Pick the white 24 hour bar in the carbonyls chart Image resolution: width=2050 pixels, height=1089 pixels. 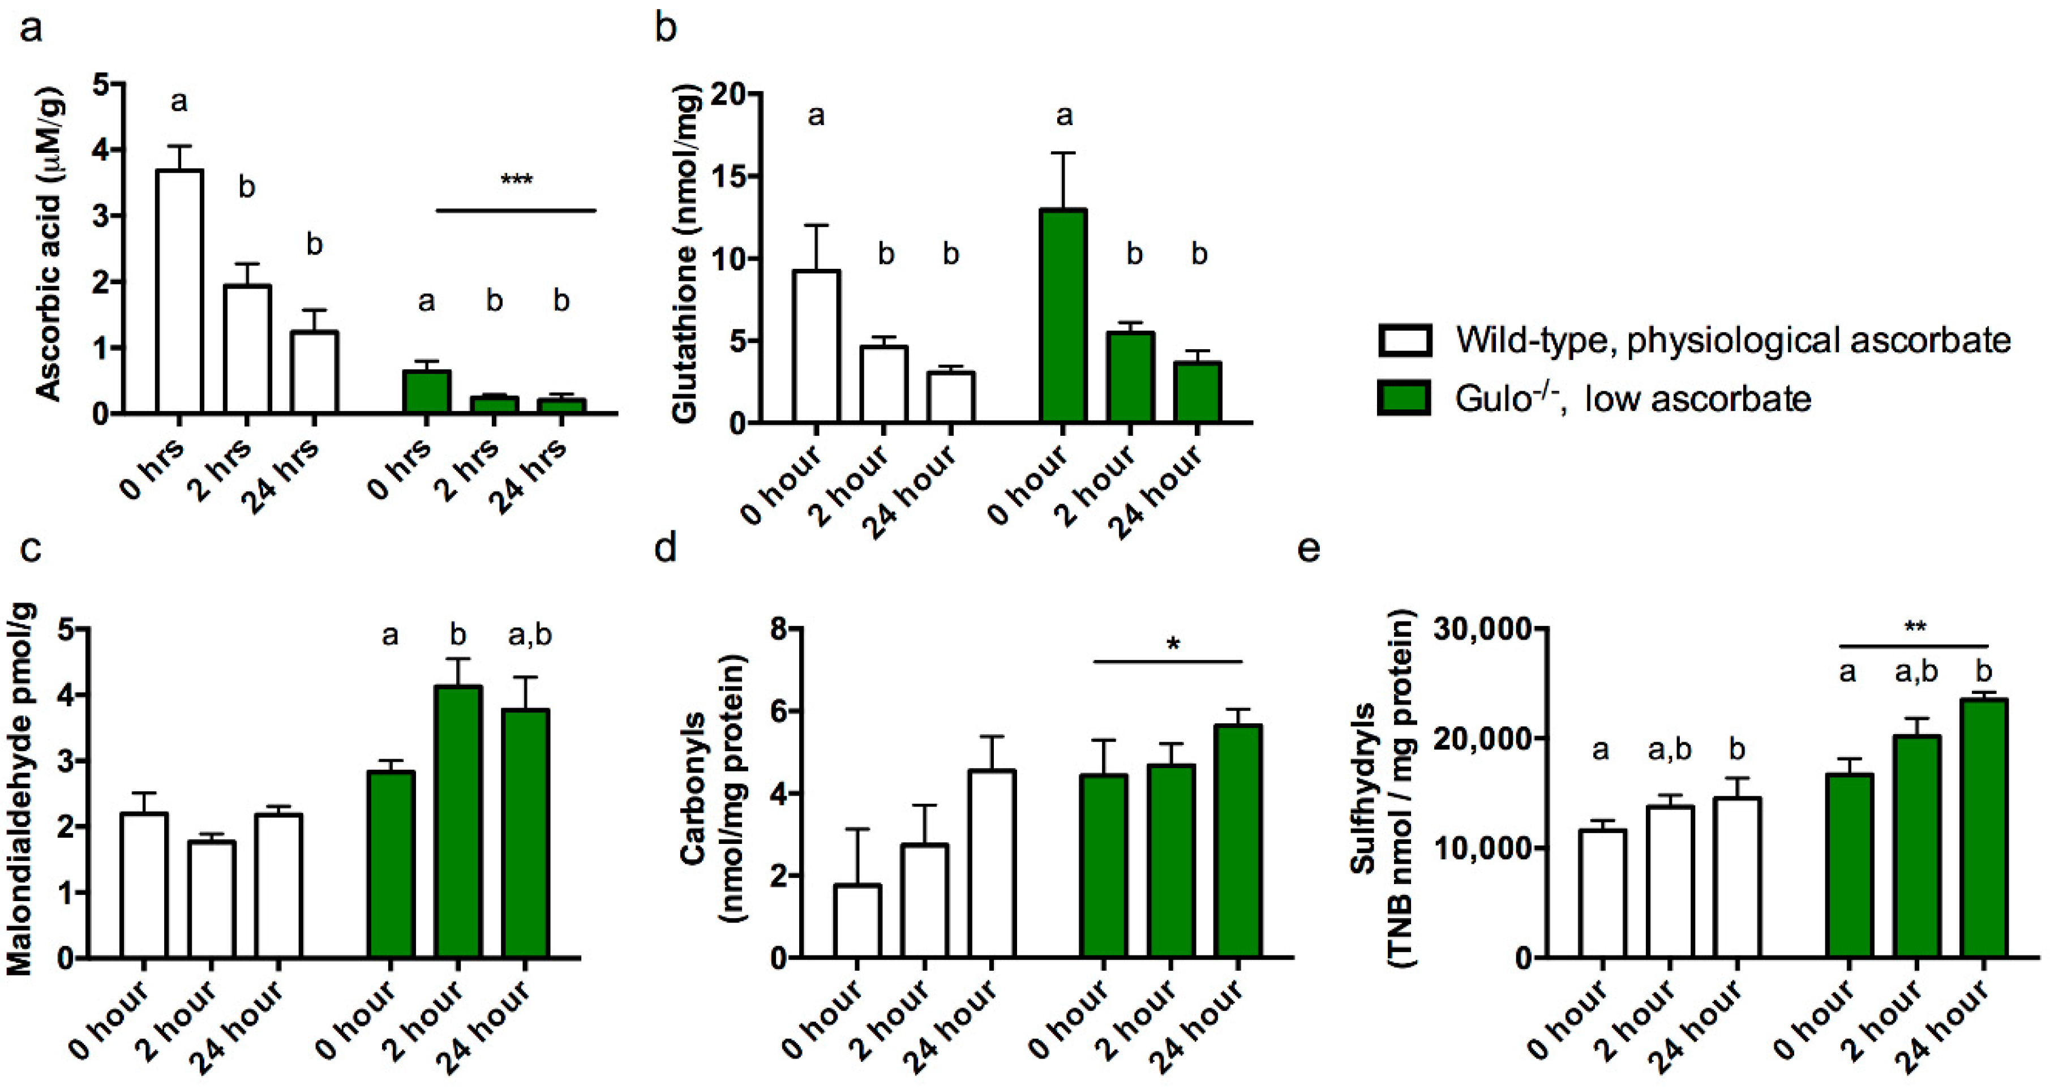click(x=992, y=864)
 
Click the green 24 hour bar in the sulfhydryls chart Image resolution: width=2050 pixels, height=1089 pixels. click(x=1984, y=828)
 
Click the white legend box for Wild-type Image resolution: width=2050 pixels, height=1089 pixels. click(x=1405, y=340)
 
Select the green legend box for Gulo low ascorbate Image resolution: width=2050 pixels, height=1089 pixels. click(x=1405, y=398)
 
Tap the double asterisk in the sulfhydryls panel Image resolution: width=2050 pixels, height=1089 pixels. click(x=1915, y=629)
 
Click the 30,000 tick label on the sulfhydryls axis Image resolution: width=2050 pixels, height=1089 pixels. click(x=1482, y=629)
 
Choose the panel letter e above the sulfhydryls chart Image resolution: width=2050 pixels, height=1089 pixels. click(x=1309, y=549)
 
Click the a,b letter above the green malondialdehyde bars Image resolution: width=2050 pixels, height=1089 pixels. click(x=529, y=635)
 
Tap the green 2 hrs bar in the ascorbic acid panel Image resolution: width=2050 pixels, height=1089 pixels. click(x=494, y=404)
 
